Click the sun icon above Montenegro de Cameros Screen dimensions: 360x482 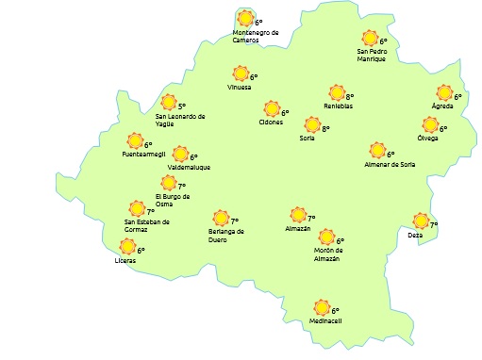tap(246, 18)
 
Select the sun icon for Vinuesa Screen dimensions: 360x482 tap(241, 74)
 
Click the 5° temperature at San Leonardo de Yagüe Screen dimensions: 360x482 tap(182, 107)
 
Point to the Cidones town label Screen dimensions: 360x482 tap(271, 123)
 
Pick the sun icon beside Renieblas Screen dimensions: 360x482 tap(337, 93)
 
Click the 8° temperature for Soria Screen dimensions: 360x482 tap(325, 128)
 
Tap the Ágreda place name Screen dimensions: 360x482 tap(443, 106)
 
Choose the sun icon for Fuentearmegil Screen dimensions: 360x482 tap(135, 141)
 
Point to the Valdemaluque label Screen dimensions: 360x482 tap(189, 168)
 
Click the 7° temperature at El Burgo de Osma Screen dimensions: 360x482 tap(182, 187)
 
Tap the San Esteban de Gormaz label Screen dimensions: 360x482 tap(146, 225)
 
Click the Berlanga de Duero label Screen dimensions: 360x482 tap(226, 235)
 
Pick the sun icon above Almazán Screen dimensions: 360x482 tap(298, 216)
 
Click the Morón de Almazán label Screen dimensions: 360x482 tap(326, 254)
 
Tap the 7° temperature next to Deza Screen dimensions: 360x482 tap(434, 224)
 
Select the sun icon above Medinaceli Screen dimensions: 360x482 tap(323, 307)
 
